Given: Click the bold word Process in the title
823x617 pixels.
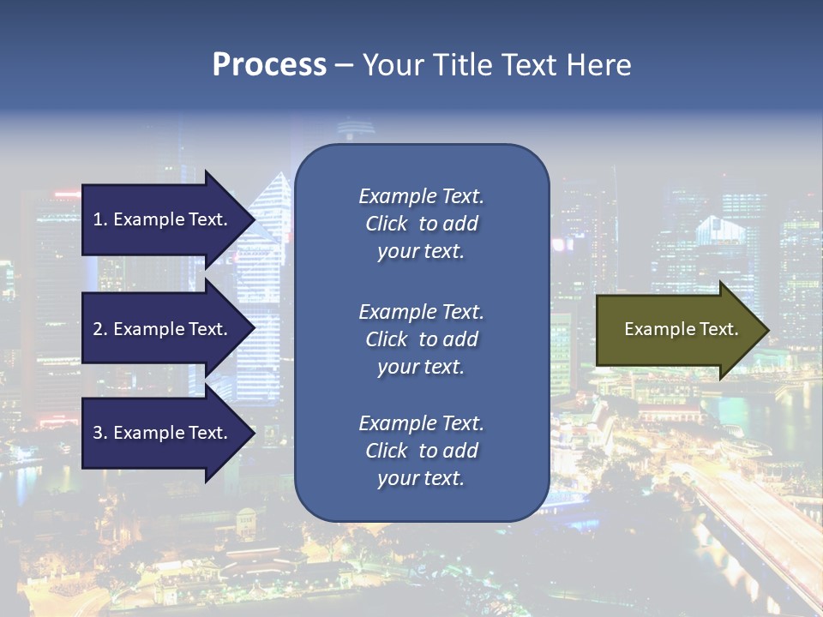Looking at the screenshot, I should [x=269, y=65].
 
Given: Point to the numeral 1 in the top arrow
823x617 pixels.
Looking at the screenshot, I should [x=98, y=219].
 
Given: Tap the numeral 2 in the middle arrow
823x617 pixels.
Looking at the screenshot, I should [x=98, y=329].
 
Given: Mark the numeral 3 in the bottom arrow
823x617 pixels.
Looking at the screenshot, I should [x=98, y=433].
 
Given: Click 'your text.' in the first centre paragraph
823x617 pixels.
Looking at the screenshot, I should [x=421, y=252].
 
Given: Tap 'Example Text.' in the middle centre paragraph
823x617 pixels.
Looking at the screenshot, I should [x=421, y=312].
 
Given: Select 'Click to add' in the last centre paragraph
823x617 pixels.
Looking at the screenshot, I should [x=421, y=451].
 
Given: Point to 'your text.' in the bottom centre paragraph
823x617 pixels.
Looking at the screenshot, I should [x=421, y=479].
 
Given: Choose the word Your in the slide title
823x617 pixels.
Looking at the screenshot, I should [x=392, y=65].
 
